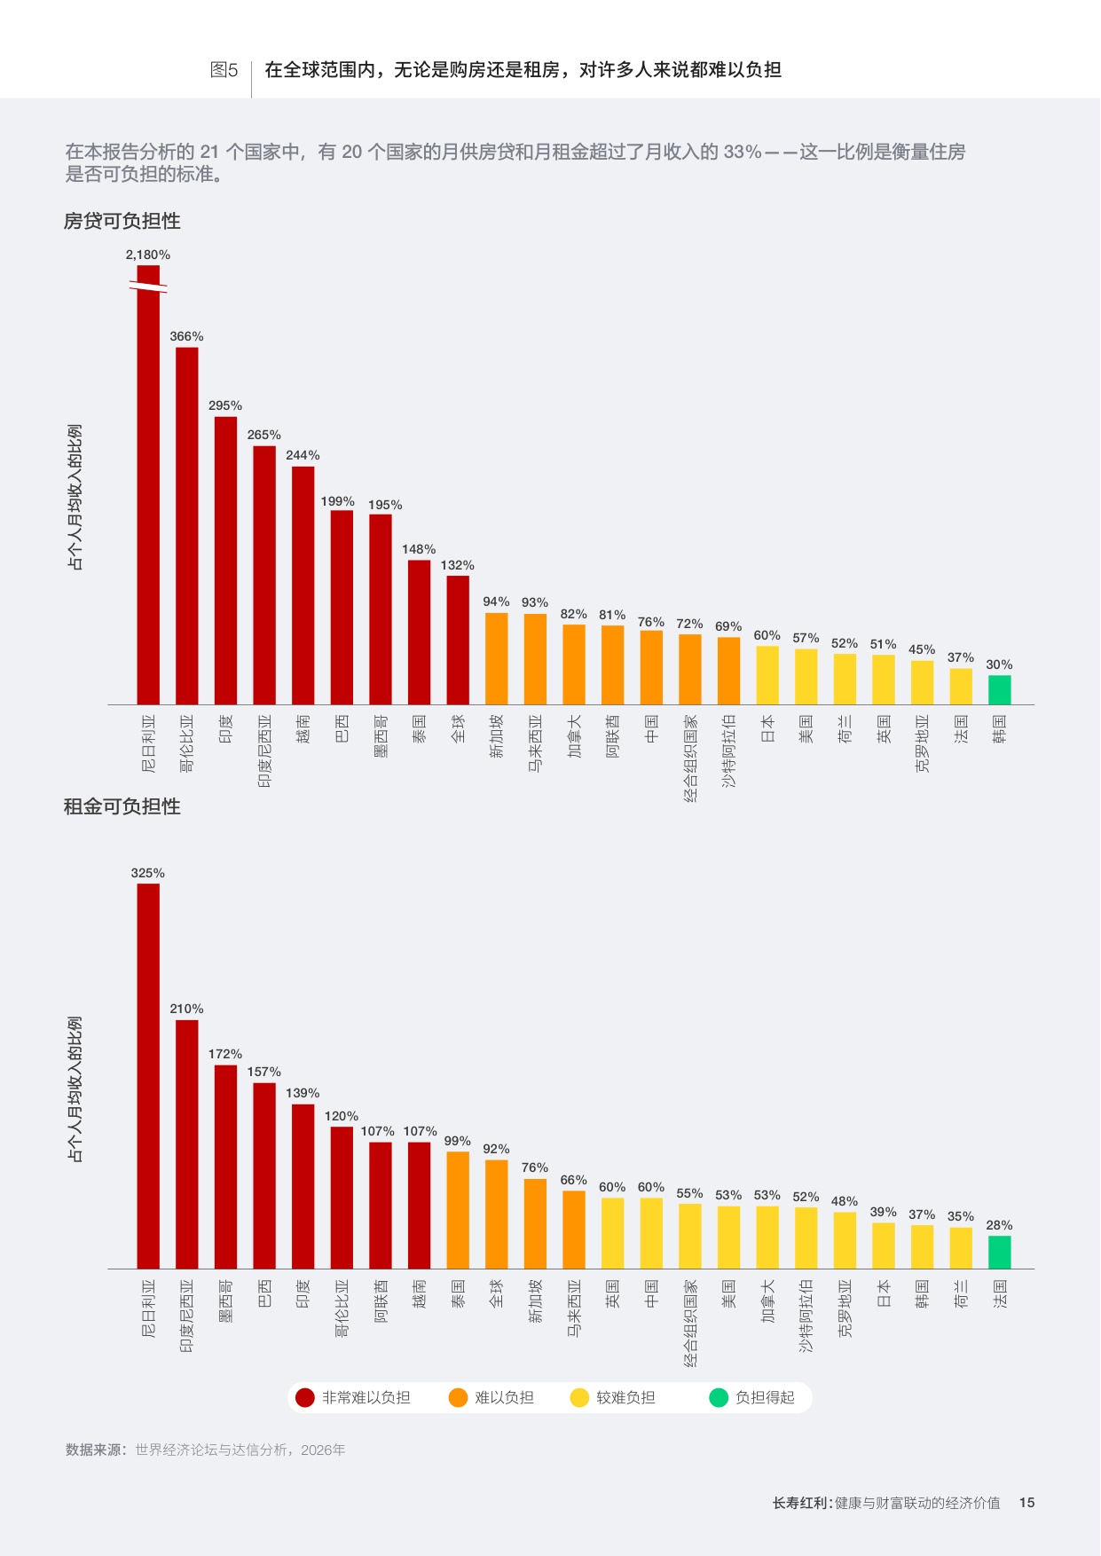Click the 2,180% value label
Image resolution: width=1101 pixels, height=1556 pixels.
pyautogui.click(x=148, y=255)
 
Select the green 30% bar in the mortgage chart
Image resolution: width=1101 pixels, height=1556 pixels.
pyautogui.click(x=1000, y=690)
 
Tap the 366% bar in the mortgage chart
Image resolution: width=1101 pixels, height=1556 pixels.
pyautogui.click(x=187, y=526)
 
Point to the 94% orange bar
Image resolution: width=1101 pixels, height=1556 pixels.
pyautogui.click(x=497, y=659)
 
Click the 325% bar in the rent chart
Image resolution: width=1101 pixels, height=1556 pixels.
pyautogui.click(x=148, y=1076)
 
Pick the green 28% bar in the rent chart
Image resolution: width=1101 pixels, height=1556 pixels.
pyautogui.click(x=1000, y=1253)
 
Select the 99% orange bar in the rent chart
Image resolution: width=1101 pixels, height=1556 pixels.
pyautogui.click(x=458, y=1210)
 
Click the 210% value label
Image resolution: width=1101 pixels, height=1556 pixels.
pyautogui.click(x=187, y=1009)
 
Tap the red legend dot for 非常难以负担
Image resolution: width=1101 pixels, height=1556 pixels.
pyautogui.click(x=305, y=1398)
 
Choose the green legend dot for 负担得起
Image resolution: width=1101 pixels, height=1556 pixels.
pyautogui.click(x=719, y=1398)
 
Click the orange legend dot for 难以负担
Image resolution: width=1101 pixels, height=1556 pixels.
pyautogui.click(x=458, y=1398)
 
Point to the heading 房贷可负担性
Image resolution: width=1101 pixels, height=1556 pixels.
pyautogui.click(x=122, y=221)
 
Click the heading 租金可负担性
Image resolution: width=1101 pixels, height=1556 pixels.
pyautogui.click(x=122, y=806)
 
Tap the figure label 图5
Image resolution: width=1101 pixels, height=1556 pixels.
pyautogui.click(x=224, y=70)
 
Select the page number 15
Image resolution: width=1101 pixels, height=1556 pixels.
pyautogui.click(x=1027, y=1503)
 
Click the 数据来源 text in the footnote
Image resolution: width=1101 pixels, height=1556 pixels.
pyautogui.click(x=96, y=1450)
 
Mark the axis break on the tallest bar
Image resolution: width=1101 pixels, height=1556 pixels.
pyautogui.click(x=148, y=286)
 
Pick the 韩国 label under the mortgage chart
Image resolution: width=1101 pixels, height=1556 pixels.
pyautogui.click(x=1000, y=729)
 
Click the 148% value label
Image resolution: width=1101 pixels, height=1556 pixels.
pyautogui.click(x=419, y=549)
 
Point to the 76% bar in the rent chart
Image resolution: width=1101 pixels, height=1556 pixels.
pyautogui.click(x=535, y=1223)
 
